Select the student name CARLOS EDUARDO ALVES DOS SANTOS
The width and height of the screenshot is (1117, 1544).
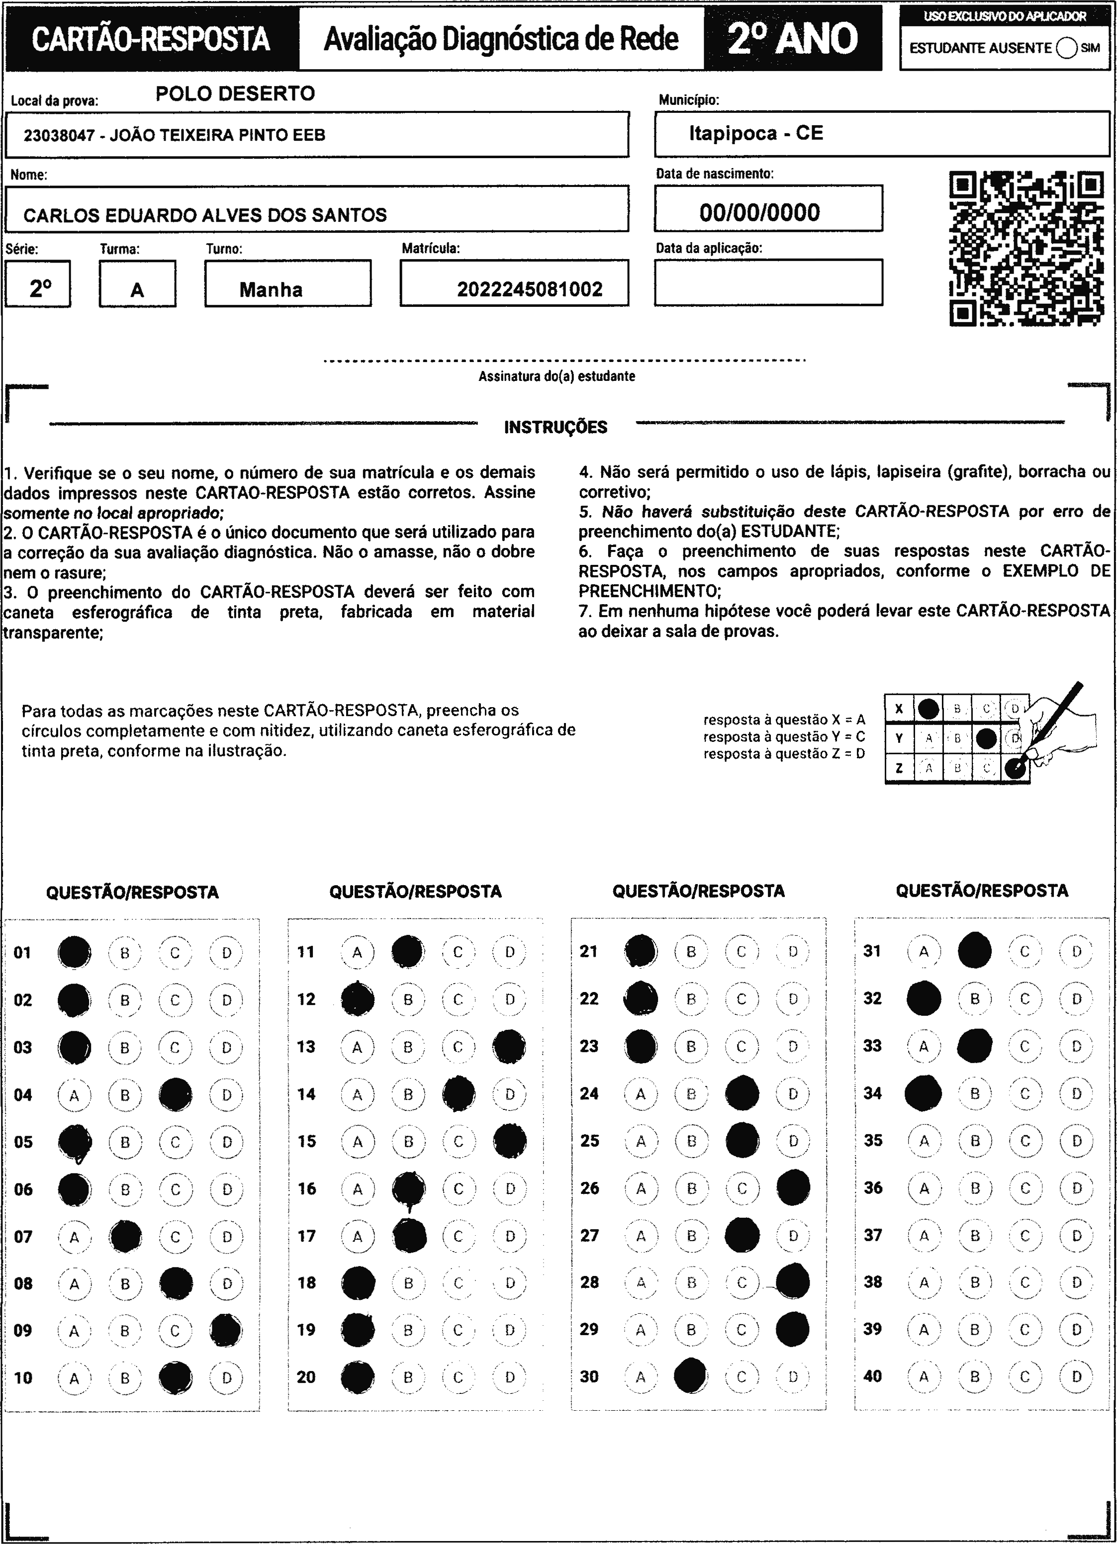[205, 215]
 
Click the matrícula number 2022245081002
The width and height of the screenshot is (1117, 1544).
[530, 289]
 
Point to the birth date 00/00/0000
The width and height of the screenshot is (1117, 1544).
[759, 212]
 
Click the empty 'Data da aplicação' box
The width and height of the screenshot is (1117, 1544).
[768, 282]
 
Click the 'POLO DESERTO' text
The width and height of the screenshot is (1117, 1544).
[236, 93]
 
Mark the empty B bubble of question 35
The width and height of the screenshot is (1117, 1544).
[975, 1140]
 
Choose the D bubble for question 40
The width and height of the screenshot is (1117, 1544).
[1076, 1376]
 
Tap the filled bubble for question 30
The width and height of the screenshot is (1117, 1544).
[690, 1376]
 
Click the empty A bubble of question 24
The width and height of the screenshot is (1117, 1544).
[641, 1094]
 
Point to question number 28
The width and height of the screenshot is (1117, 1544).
[589, 1282]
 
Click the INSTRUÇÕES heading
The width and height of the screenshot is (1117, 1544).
[556, 428]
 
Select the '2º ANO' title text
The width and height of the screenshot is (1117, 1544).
[792, 39]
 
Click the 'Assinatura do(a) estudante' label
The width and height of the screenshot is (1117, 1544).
[557, 376]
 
